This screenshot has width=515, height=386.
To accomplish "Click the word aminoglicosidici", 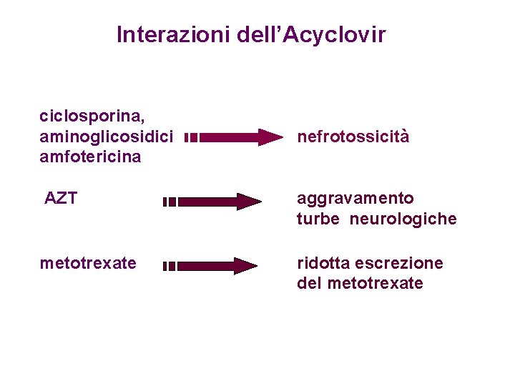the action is pos(106,136).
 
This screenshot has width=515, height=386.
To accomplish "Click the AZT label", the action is pos(60,198).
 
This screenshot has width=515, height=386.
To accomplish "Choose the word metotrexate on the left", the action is pos(87,263).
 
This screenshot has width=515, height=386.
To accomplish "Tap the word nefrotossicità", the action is pos(353,137).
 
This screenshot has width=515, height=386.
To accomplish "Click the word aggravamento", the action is pos(355,198).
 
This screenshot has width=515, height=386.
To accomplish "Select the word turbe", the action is pos(318,219).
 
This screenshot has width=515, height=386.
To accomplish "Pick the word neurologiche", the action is pos(403,219).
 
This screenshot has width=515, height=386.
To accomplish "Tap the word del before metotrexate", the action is pos(310,284).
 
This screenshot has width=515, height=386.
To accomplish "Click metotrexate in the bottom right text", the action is pos(375,284).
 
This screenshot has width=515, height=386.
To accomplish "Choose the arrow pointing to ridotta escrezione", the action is pos(215,266).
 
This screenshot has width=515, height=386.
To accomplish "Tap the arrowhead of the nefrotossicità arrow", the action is pos(270,137).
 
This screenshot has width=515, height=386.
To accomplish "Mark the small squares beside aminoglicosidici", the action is pos(190,137).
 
